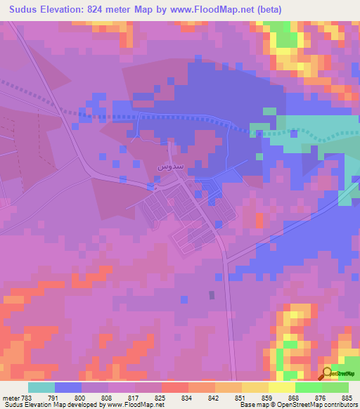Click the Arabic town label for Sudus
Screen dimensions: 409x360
(x=162, y=167)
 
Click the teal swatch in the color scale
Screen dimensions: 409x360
(x=41, y=387)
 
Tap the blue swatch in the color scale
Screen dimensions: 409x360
(x=68, y=387)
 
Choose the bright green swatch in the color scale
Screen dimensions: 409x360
(x=309, y=387)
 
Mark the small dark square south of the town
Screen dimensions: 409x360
(x=212, y=295)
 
